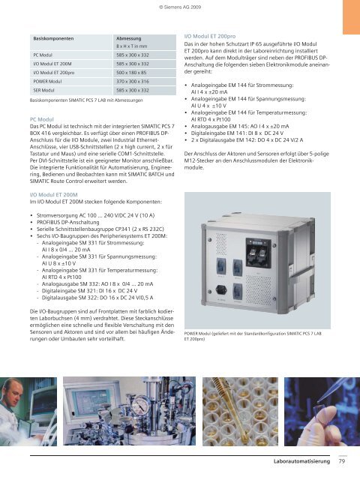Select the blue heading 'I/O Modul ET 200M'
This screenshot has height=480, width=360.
point(56,193)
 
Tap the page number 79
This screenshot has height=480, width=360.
point(341,470)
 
